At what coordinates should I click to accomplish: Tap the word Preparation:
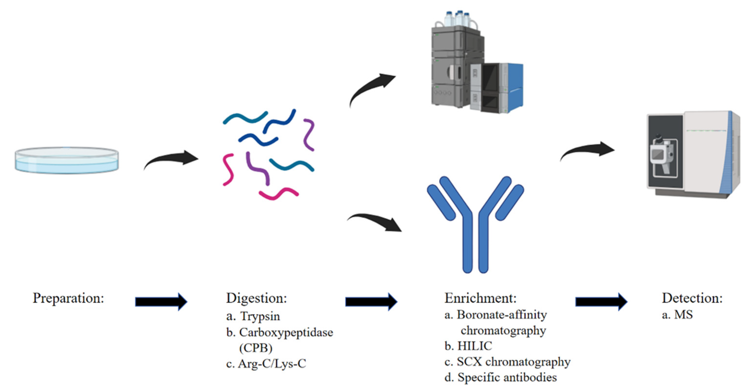coord(68,298)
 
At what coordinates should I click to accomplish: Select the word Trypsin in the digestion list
coord(260,316)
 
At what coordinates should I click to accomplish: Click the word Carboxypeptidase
coord(286,333)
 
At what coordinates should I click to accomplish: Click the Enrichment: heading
coord(480,298)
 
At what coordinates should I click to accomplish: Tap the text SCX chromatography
coord(513,362)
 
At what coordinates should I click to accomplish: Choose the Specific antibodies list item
coord(507,377)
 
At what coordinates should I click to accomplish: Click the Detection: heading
coord(692,298)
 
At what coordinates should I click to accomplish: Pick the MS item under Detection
coord(683,315)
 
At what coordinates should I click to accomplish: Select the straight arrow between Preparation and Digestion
coord(161,302)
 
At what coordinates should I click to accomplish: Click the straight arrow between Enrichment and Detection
coord(601,302)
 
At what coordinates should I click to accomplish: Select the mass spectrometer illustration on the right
coord(693,155)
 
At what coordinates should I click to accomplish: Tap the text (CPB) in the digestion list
coord(256,348)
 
